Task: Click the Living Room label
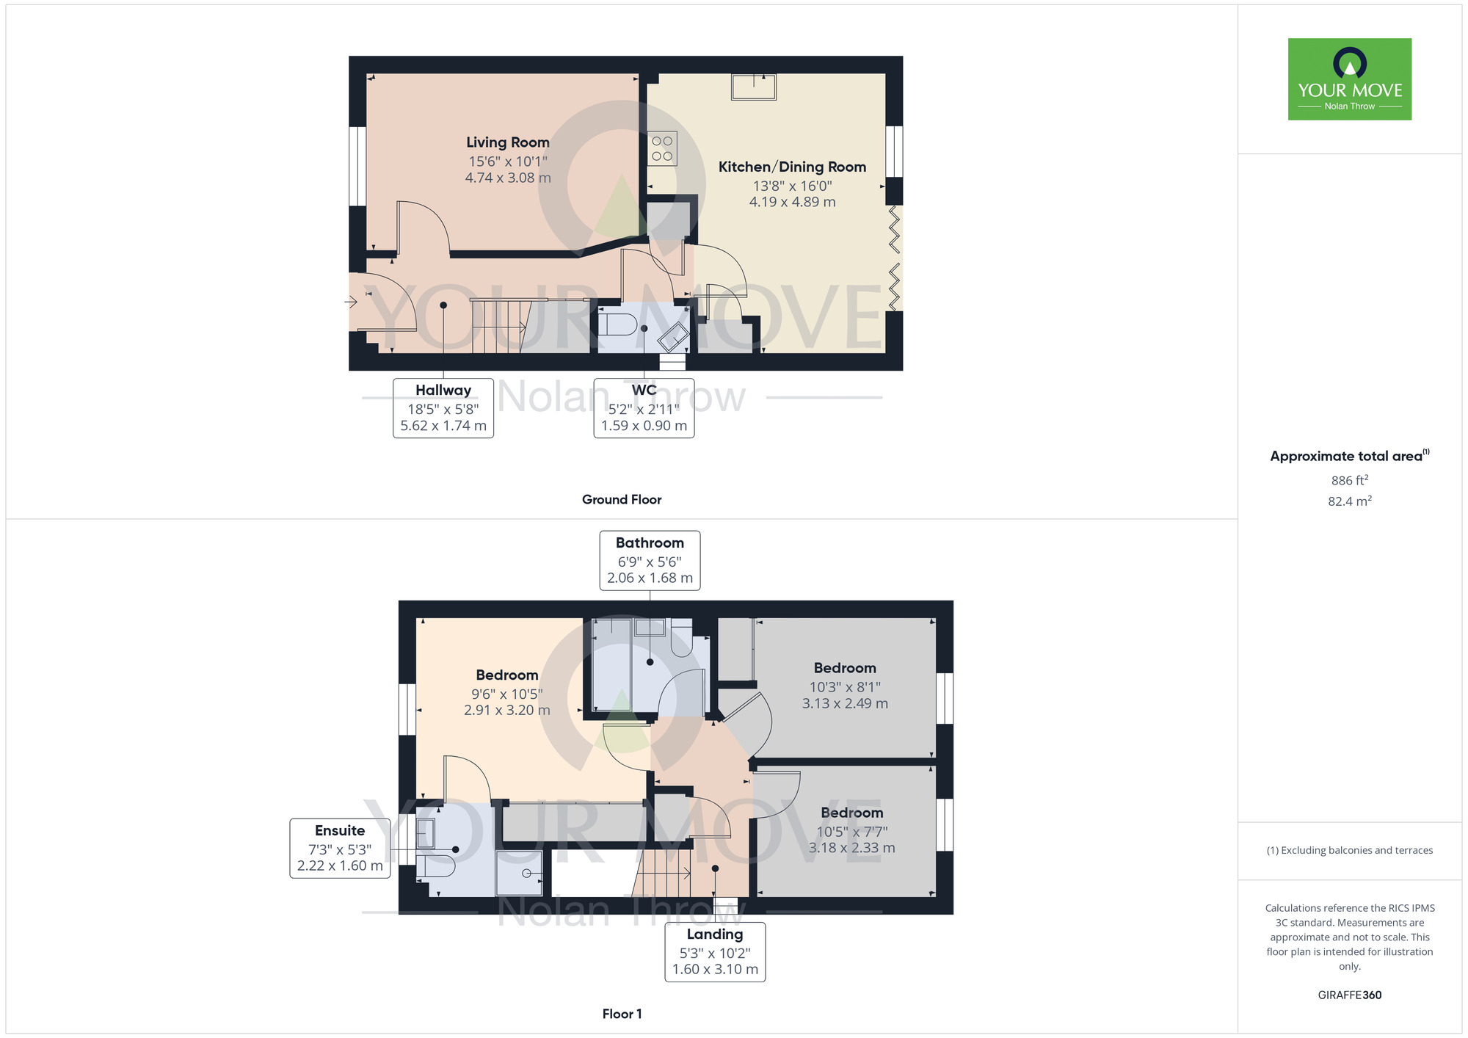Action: pyautogui.click(x=508, y=142)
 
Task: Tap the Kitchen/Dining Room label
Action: pyautogui.click(x=792, y=167)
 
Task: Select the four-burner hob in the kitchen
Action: pyautogui.click(x=662, y=148)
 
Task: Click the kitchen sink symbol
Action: pyautogui.click(x=754, y=87)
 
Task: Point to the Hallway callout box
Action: pyautogui.click(x=443, y=408)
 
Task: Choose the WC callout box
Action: pyautogui.click(x=644, y=408)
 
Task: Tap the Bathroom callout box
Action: pyautogui.click(x=650, y=561)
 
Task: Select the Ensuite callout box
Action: pyautogui.click(x=340, y=849)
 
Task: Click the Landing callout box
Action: pyautogui.click(x=715, y=952)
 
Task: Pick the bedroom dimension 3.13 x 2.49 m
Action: pyautogui.click(x=845, y=703)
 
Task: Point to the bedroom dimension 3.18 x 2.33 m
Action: pyautogui.click(x=851, y=848)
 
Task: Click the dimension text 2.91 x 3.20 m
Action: pyautogui.click(x=506, y=710)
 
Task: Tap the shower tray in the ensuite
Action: pyautogui.click(x=519, y=873)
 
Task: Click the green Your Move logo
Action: pyautogui.click(x=1350, y=79)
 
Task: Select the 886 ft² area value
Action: pyautogui.click(x=1350, y=480)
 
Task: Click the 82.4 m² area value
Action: pyautogui.click(x=1350, y=501)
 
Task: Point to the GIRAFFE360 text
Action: pyautogui.click(x=1350, y=995)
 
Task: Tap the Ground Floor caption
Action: pyautogui.click(x=622, y=499)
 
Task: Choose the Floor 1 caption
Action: pyautogui.click(x=622, y=1014)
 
